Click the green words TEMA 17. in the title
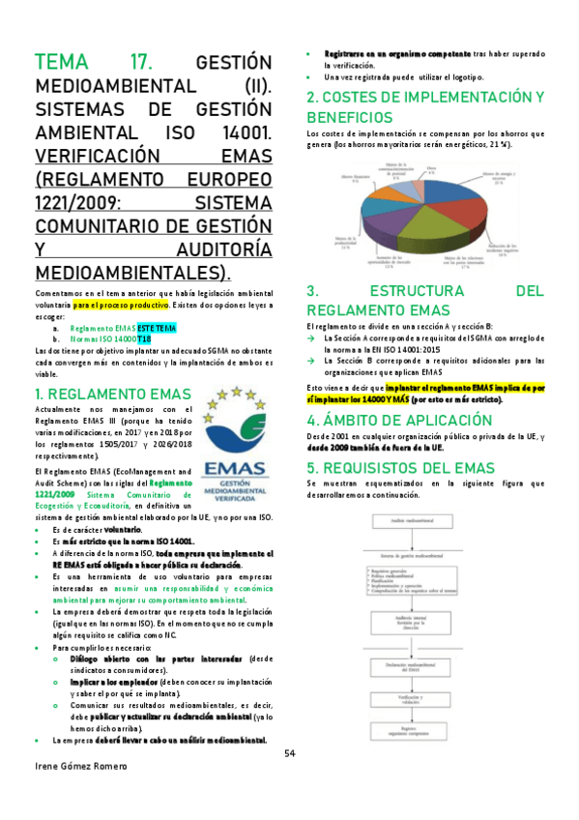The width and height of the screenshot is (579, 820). coord(93,63)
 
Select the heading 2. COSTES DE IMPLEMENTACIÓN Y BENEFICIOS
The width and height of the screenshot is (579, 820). coord(425,106)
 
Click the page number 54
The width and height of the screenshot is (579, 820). coord(289,753)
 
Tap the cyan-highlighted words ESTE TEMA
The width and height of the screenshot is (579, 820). coord(157,329)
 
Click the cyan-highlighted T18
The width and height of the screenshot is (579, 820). coord(143,340)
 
